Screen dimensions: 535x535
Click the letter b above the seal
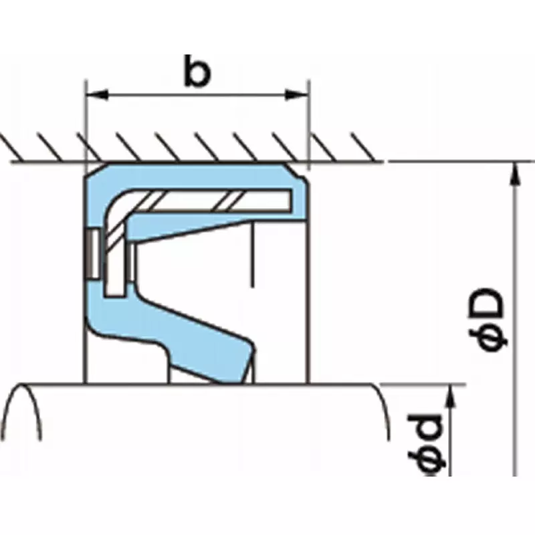pos(197,74)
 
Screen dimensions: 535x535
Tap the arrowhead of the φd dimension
pos(451,396)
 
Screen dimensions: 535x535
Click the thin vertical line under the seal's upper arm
pos(253,254)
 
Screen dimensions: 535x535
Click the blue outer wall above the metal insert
pos(201,174)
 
